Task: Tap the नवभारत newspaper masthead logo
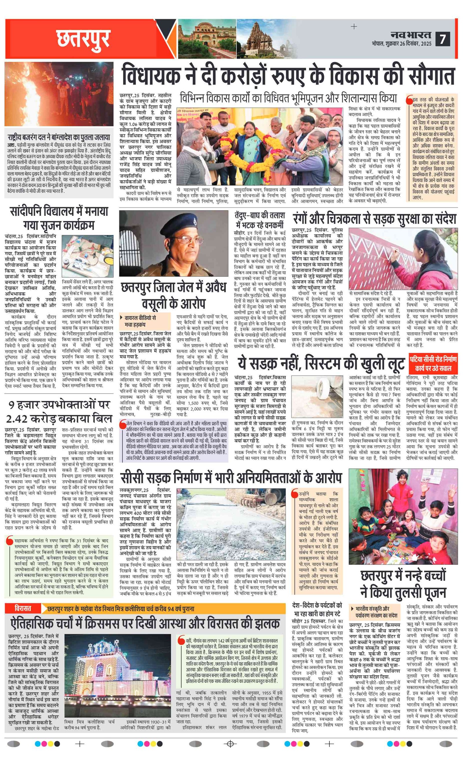(x=411, y=34)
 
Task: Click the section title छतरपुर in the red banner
(x=83, y=39)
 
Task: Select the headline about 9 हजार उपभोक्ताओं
(x=59, y=411)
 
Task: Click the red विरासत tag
(x=23, y=608)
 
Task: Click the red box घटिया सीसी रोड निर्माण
(x=433, y=364)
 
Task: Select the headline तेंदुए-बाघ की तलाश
(x=260, y=220)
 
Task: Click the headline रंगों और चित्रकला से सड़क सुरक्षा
(x=374, y=218)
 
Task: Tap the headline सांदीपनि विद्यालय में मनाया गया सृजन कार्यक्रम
(x=59, y=218)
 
